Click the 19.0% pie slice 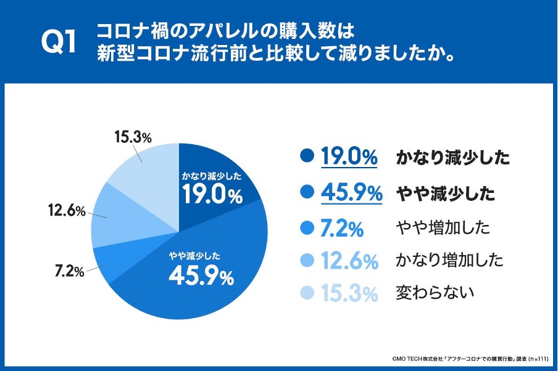coord(213,185)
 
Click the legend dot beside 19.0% coord(306,157)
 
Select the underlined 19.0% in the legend coord(349,157)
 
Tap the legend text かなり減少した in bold coord(452,158)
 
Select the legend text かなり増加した coord(449,259)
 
